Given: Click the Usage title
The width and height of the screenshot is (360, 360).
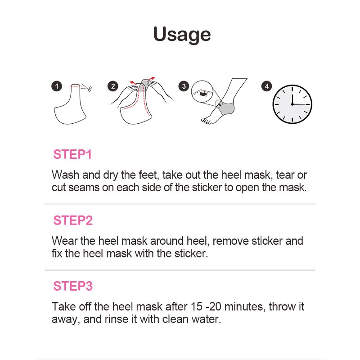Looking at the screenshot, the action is [182, 35].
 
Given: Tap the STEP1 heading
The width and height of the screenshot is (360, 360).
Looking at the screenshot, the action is [72, 154].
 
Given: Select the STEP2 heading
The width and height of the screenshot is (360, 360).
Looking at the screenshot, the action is [73, 220].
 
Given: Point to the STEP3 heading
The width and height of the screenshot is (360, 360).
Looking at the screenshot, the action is [73, 286].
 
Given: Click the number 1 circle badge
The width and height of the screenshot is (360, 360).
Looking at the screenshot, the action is [57, 86].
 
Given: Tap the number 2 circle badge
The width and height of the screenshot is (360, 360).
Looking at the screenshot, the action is [113, 86].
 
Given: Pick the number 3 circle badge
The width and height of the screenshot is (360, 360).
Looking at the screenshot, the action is [184, 86].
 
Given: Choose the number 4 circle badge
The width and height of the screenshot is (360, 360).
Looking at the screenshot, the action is [266, 86].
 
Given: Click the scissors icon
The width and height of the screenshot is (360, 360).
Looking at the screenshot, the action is [87, 88].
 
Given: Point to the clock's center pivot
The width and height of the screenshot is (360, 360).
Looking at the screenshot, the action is [292, 104].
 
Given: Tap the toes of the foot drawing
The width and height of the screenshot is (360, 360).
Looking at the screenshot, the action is [206, 121].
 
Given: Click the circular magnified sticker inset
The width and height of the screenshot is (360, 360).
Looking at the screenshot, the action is [202, 92].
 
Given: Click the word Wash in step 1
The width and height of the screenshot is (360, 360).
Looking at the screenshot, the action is [65, 175].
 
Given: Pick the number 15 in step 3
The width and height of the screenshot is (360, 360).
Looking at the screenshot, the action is [197, 307].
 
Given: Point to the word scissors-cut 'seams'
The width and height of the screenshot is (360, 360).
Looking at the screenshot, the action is [84, 188].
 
